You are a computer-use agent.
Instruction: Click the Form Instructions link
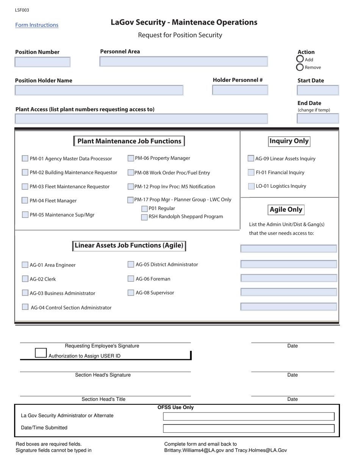(x=37, y=25)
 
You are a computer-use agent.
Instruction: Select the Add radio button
(x=300, y=59)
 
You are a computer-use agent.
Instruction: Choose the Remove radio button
(x=300, y=67)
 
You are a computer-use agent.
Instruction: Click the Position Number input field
(x=42, y=62)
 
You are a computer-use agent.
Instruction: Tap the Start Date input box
(x=318, y=90)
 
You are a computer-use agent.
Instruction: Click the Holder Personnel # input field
(x=240, y=90)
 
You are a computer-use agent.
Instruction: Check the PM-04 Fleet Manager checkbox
(x=25, y=200)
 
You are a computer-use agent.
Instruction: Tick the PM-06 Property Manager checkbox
(x=131, y=158)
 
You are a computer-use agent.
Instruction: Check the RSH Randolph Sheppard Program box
(x=144, y=217)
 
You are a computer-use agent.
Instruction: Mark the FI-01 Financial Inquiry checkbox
(x=251, y=172)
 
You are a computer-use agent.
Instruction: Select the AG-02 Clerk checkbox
(x=25, y=279)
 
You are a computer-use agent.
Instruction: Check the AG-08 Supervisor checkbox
(x=131, y=292)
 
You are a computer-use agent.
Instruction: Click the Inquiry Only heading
(x=289, y=141)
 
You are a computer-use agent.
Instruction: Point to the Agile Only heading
(x=286, y=210)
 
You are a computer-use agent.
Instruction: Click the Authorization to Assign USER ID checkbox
(x=41, y=353)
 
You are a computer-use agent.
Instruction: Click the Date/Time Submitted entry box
(x=249, y=428)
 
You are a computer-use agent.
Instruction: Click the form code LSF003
(x=22, y=10)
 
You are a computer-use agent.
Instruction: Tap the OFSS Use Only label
(x=175, y=408)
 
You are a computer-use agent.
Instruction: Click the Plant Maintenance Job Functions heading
(x=129, y=141)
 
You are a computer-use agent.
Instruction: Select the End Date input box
(x=318, y=119)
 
